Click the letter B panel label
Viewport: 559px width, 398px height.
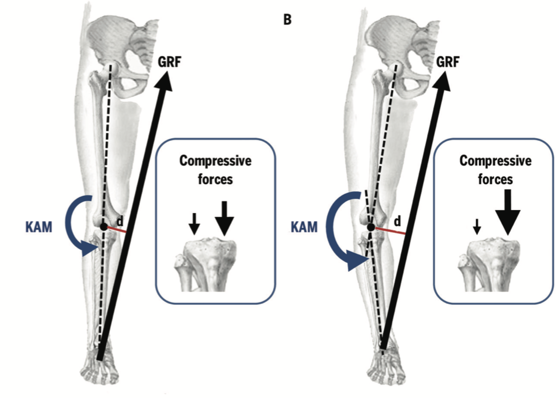point(288,21)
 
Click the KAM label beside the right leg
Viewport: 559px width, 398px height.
point(304,226)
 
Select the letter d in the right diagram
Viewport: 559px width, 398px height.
point(397,221)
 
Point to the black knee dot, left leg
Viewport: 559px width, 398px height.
point(104,227)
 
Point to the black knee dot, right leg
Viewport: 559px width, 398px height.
point(371,228)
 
